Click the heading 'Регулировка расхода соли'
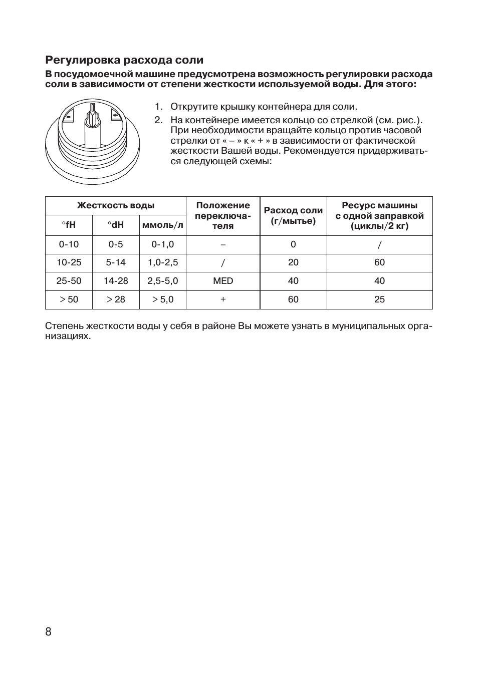click(x=124, y=60)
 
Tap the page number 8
click(x=48, y=631)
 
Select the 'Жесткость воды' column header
click(x=115, y=205)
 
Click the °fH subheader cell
click(x=69, y=225)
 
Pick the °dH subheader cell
click(x=116, y=225)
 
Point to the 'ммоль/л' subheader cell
click(x=163, y=225)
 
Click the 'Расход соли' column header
click(x=293, y=216)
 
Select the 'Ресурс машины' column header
click(x=379, y=216)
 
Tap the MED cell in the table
click(x=223, y=281)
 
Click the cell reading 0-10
click(x=69, y=244)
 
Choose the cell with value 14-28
click(x=116, y=281)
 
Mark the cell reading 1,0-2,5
click(x=163, y=262)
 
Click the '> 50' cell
click(x=69, y=299)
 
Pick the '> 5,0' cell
click(x=163, y=299)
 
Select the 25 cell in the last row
click(x=379, y=299)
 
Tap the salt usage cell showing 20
click(x=293, y=262)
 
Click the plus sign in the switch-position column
click(x=223, y=299)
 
